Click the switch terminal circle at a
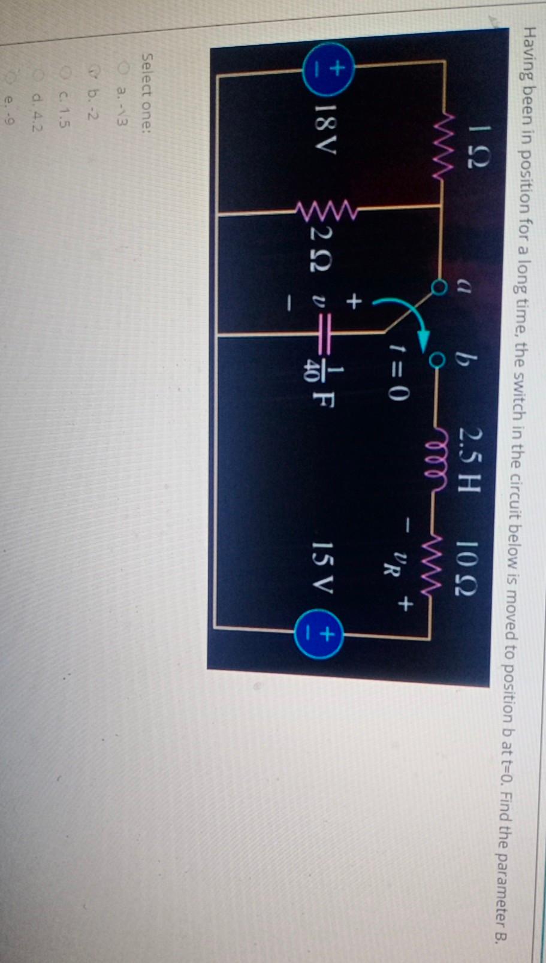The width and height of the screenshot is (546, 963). [x=440, y=290]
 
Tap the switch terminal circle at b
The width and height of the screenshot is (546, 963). [x=438, y=360]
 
